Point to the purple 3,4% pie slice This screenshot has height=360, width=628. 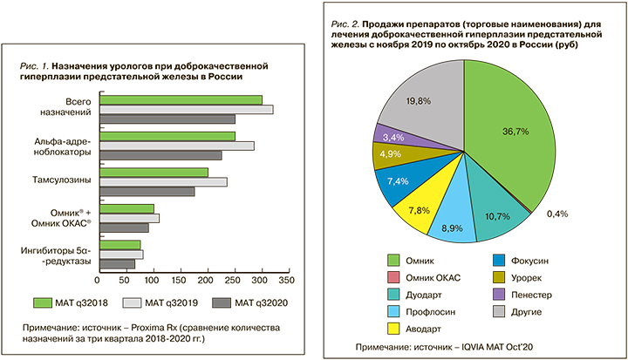coord(389,136)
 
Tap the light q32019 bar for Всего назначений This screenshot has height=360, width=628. coord(187,109)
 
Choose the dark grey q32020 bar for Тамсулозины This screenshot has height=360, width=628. coord(147,192)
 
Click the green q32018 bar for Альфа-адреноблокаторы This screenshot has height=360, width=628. coord(167,136)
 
